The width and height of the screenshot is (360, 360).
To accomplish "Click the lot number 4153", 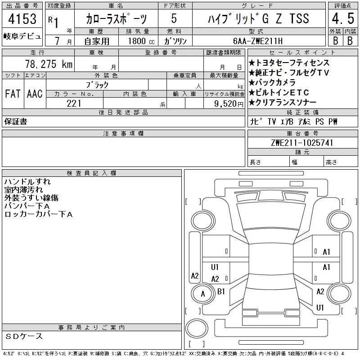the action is tap(22, 19).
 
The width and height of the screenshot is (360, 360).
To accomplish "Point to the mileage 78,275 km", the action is tap(49, 64).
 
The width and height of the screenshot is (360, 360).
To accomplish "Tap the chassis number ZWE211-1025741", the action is tap(302, 143).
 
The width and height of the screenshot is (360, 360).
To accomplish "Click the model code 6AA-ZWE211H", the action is tap(257, 41).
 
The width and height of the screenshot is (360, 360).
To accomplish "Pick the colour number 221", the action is tap(74, 103).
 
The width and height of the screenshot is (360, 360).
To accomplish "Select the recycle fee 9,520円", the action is tap(229, 103).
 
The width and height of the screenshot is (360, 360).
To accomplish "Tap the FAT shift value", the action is tap(13, 94).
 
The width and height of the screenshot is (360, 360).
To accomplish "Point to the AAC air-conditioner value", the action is tap(35, 94).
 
